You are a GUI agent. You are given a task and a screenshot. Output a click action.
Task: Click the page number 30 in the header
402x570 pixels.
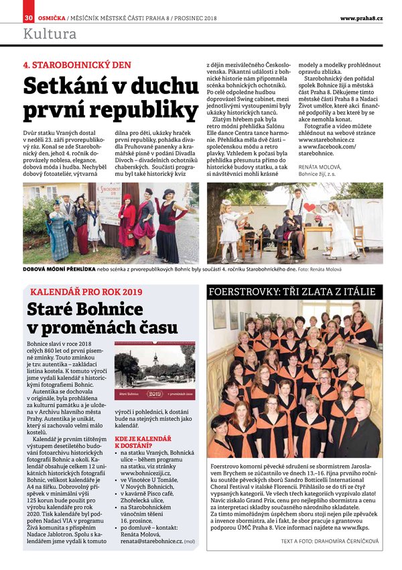28,17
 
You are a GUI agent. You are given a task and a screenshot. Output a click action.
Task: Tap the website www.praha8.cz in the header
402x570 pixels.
361,17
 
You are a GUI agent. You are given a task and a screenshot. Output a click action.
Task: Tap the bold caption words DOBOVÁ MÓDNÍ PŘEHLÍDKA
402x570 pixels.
59,270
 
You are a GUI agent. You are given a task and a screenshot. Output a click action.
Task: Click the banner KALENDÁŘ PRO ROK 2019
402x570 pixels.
86,292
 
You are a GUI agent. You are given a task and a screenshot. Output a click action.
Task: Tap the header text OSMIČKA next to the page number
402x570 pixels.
50,17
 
